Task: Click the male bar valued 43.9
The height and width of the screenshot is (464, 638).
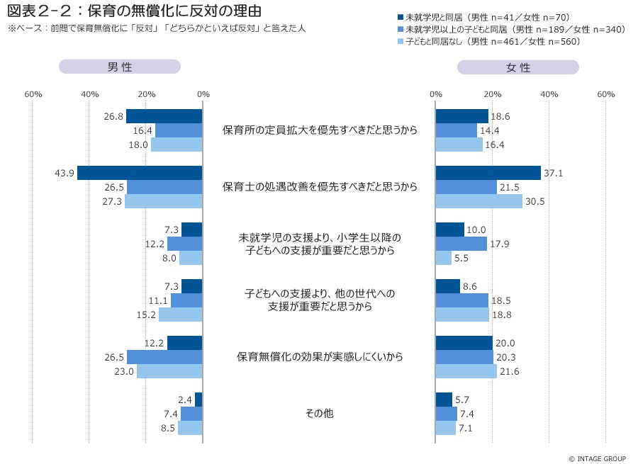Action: pyautogui.click(x=140, y=173)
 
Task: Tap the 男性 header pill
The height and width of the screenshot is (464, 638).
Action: pyautogui.click(x=119, y=67)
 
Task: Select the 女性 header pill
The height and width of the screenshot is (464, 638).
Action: pyautogui.click(x=518, y=67)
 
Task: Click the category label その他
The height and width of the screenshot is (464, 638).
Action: pyautogui.click(x=319, y=414)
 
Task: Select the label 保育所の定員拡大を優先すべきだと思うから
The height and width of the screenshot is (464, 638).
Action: pyautogui.click(x=319, y=130)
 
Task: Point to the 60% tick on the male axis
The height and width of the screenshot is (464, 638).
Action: pyautogui.click(x=33, y=94)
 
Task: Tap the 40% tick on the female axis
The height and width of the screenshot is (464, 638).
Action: pyautogui.click(x=549, y=94)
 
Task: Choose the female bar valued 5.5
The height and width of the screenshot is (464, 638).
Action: pyautogui.click(x=444, y=258)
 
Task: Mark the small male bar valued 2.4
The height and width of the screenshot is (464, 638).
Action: pyautogui.click(x=198, y=400)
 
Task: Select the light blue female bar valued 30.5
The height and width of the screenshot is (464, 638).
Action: pyautogui.click(x=478, y=201)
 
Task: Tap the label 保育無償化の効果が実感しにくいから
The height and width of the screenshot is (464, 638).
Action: pyautogui.click(x=319, y=357)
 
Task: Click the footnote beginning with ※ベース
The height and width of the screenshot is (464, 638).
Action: pyautogui.click(x=156, y=29)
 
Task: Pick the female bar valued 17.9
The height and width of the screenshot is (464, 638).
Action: pyautogui.click(x=461, y=244)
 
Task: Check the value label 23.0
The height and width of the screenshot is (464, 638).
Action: pyautogui.click(x=124, y=371)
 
